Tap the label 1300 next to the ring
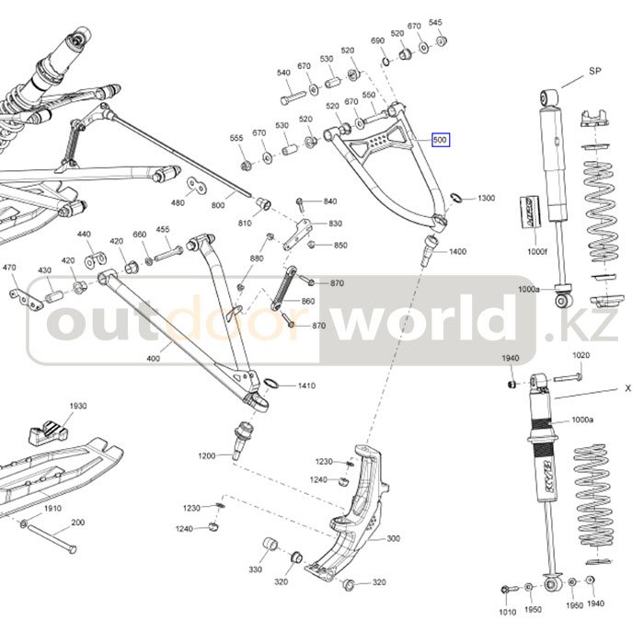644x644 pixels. pos(486,199)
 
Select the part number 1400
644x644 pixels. pos(457,251)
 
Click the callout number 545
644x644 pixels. pos(435,22)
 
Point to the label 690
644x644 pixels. pos(377,41)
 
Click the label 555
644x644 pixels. pos(236,138)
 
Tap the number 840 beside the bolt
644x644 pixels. pos(330,201)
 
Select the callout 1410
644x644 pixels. pos(306,385)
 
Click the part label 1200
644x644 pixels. pos(206,456)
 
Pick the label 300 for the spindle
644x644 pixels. pos(393,538)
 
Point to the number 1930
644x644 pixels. pos(77,406)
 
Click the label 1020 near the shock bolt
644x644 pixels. pos(581,355)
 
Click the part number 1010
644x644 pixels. pos(507,611)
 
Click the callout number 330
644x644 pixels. pos(255,569)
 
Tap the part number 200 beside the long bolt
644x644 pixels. pos(77,523)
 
